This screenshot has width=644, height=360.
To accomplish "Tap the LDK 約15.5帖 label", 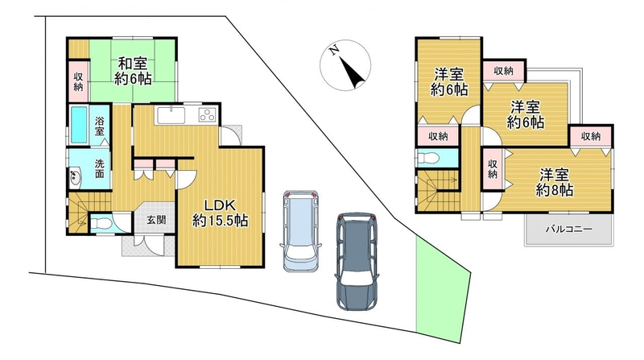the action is [220, 213].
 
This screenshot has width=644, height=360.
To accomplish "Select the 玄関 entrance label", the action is [156, 219].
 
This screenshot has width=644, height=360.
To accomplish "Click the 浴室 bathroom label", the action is [100, 126].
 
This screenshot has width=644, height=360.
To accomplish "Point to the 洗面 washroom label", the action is [100, 168].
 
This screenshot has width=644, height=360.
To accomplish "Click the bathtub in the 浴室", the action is [78, 125].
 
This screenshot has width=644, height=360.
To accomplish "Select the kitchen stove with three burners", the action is [208, 114].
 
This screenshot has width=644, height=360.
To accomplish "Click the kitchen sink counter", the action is [171, 114].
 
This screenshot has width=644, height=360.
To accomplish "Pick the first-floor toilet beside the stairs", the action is [100, 224].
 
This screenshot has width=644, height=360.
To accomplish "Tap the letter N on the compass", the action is [335, 50].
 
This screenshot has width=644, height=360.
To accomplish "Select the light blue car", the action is [300, 230].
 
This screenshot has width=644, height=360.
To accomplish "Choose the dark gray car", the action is [356, 261].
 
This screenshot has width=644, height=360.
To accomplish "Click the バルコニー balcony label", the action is [569, 230].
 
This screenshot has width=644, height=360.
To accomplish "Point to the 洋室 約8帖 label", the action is [555, 183].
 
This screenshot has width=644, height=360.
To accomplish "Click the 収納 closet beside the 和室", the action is [78, 81].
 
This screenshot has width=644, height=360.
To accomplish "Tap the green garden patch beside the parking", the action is [442, 293].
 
